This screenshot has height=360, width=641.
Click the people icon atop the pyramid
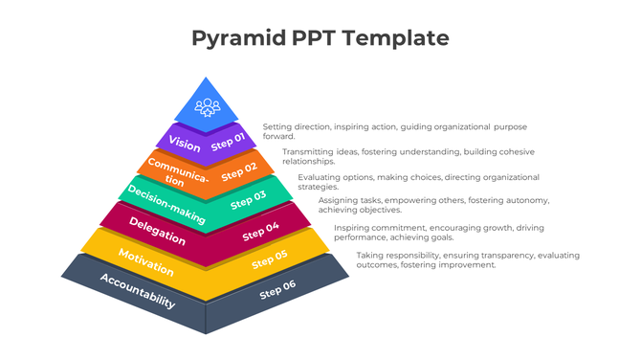(x=207, y=106)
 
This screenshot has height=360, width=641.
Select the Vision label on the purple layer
(x=185, y=145)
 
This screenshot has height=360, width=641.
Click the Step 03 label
(x=248, y=199)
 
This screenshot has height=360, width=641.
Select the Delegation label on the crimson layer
(x=157, y=232)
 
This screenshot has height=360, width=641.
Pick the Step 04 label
(x=260, y=230)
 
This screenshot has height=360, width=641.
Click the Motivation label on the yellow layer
(x=145, y=260)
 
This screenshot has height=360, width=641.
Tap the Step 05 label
(x=269, y=259)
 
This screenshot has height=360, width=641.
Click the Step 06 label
(x=277, y=290)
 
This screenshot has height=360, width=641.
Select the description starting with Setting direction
(x=394, y=131)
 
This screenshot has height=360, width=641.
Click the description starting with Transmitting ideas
(x=408, y=156)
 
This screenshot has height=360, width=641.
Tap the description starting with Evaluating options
(x=418, y=182)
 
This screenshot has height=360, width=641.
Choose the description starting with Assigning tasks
(x=432, y=205)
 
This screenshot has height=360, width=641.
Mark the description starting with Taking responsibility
(x=467, y=259)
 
